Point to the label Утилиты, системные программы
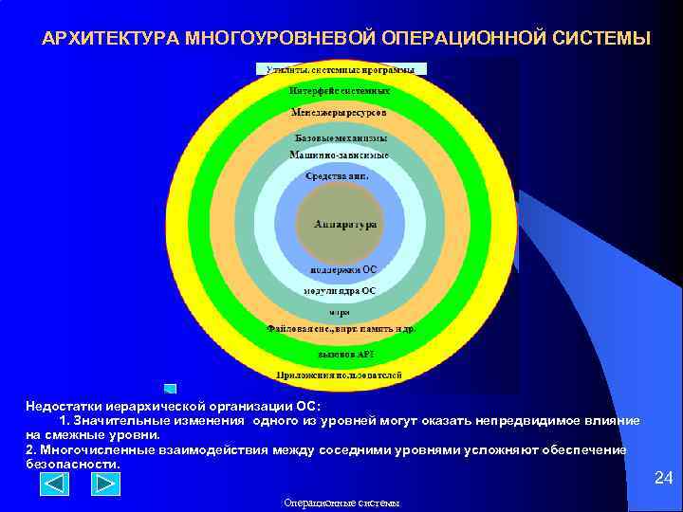pos(341,69)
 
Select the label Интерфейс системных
pos(340,91)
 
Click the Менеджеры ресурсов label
pos(339,112)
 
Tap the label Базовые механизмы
pos(341,138)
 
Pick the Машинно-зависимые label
pos(339,154)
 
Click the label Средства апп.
pos(336,176)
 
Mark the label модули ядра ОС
pos(340,289)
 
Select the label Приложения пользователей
pos(339,375)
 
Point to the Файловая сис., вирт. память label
pos(339,329)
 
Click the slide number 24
pos(664,479)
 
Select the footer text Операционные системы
pos(341,503)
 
